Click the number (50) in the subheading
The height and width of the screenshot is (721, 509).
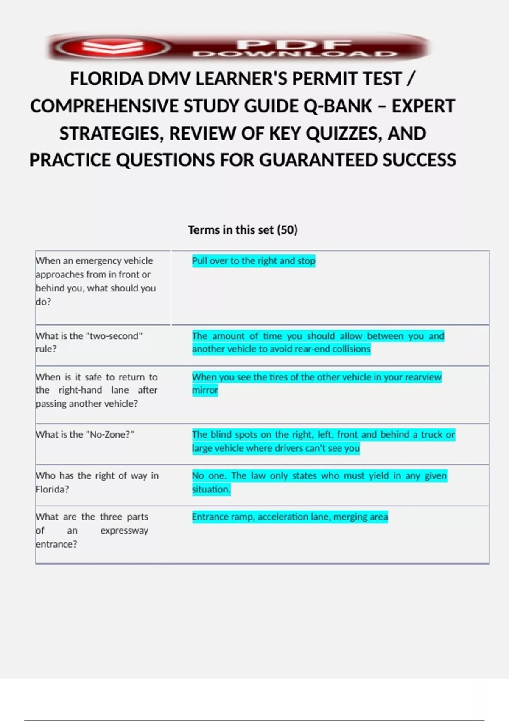tap(287, 230)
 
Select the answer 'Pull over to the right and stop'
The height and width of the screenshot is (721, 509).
tap(253, 261)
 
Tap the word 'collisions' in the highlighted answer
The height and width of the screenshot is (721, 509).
tap(352, 349)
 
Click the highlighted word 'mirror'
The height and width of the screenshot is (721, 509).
tap(205, 390)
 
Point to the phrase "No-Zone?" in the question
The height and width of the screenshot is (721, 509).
tap(110, 434)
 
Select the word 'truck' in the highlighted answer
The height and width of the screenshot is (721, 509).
tap(431, 434)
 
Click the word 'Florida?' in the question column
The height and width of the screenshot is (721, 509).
tap(52, 489)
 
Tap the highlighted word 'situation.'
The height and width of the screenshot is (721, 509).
tap(211, 489)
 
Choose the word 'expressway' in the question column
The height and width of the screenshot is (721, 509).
tap(124, 531)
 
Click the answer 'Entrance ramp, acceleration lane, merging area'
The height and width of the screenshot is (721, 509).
tap(290, 517)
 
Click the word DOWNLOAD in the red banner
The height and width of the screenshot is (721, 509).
tap(294, 54)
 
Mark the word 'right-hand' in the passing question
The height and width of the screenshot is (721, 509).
tap(80, 390)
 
